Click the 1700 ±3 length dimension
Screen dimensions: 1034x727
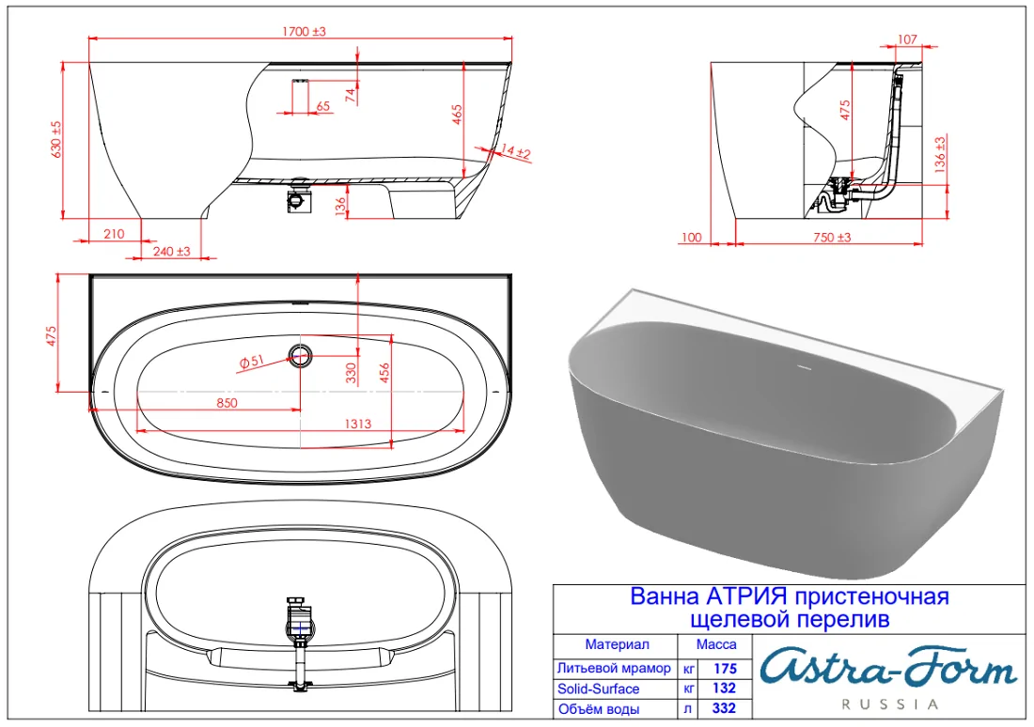coord(304,31)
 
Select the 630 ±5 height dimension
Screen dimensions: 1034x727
coord(56,139)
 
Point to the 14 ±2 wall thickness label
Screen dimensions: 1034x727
coord(516,151)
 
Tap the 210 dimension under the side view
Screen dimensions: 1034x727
coord(114,233)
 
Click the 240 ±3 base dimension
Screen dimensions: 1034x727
coord(171,251)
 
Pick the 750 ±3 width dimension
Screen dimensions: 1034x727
coord(832,238)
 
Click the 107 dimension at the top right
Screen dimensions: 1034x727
coord(907,39)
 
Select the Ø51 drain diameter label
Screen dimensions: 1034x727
coord(251,362)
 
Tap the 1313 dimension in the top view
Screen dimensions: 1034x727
coord(357,424)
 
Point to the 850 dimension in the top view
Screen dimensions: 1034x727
coord(227,403)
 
